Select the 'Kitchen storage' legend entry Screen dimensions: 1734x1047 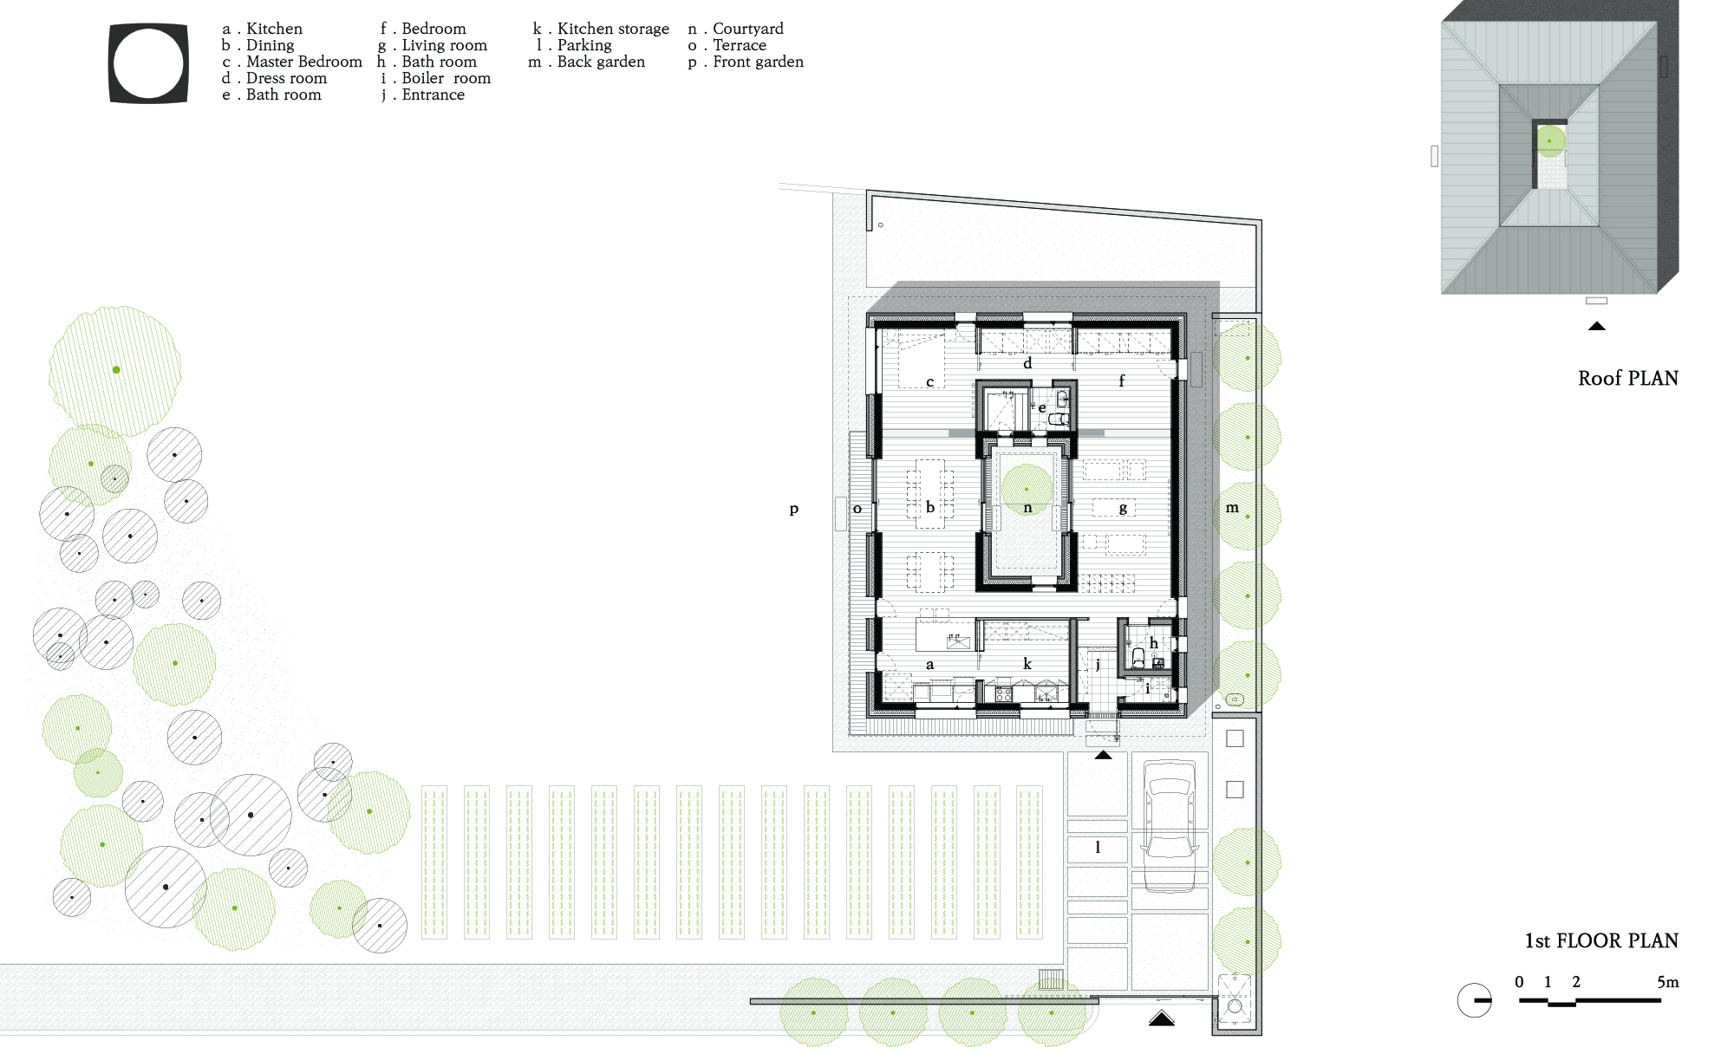[x=601, y=29]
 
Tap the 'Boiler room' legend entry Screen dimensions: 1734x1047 [x=436, y=78]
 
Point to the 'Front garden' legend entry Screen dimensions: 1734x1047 [x=746, y=62]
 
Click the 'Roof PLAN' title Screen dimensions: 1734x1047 [x=1628, y=378]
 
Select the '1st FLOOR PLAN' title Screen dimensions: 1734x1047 [x=1601, y=940]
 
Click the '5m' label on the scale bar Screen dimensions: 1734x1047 [x=1667, y=982]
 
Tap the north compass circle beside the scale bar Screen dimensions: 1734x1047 [x=1474, y=1000]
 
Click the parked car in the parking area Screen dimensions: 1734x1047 [x=1170, y=825]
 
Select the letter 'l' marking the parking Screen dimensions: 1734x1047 [x=1098, y=847]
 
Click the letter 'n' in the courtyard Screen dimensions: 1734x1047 [x=1027, y=508]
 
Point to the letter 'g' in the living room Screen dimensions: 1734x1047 [x=1123, y=509]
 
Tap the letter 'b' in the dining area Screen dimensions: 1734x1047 [x=930, y=507]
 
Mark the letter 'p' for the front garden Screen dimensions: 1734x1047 [x=793, y=510]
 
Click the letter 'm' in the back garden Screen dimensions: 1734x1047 [x=1232, y=508]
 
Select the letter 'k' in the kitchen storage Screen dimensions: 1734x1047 [x=1027, y=664]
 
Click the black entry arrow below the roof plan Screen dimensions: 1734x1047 [x=1597, y=326]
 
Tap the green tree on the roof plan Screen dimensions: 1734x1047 [x=1550, y=140]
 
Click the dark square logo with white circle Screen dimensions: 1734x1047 [x=148, y=63]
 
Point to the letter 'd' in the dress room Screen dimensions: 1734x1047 [x=1027, y=363]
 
